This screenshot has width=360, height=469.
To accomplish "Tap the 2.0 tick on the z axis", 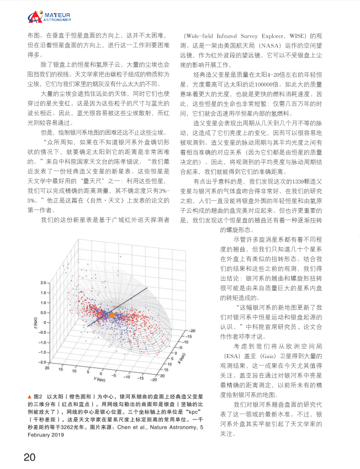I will click(44, 282).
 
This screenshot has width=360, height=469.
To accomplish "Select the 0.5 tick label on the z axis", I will click(44, 312).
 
